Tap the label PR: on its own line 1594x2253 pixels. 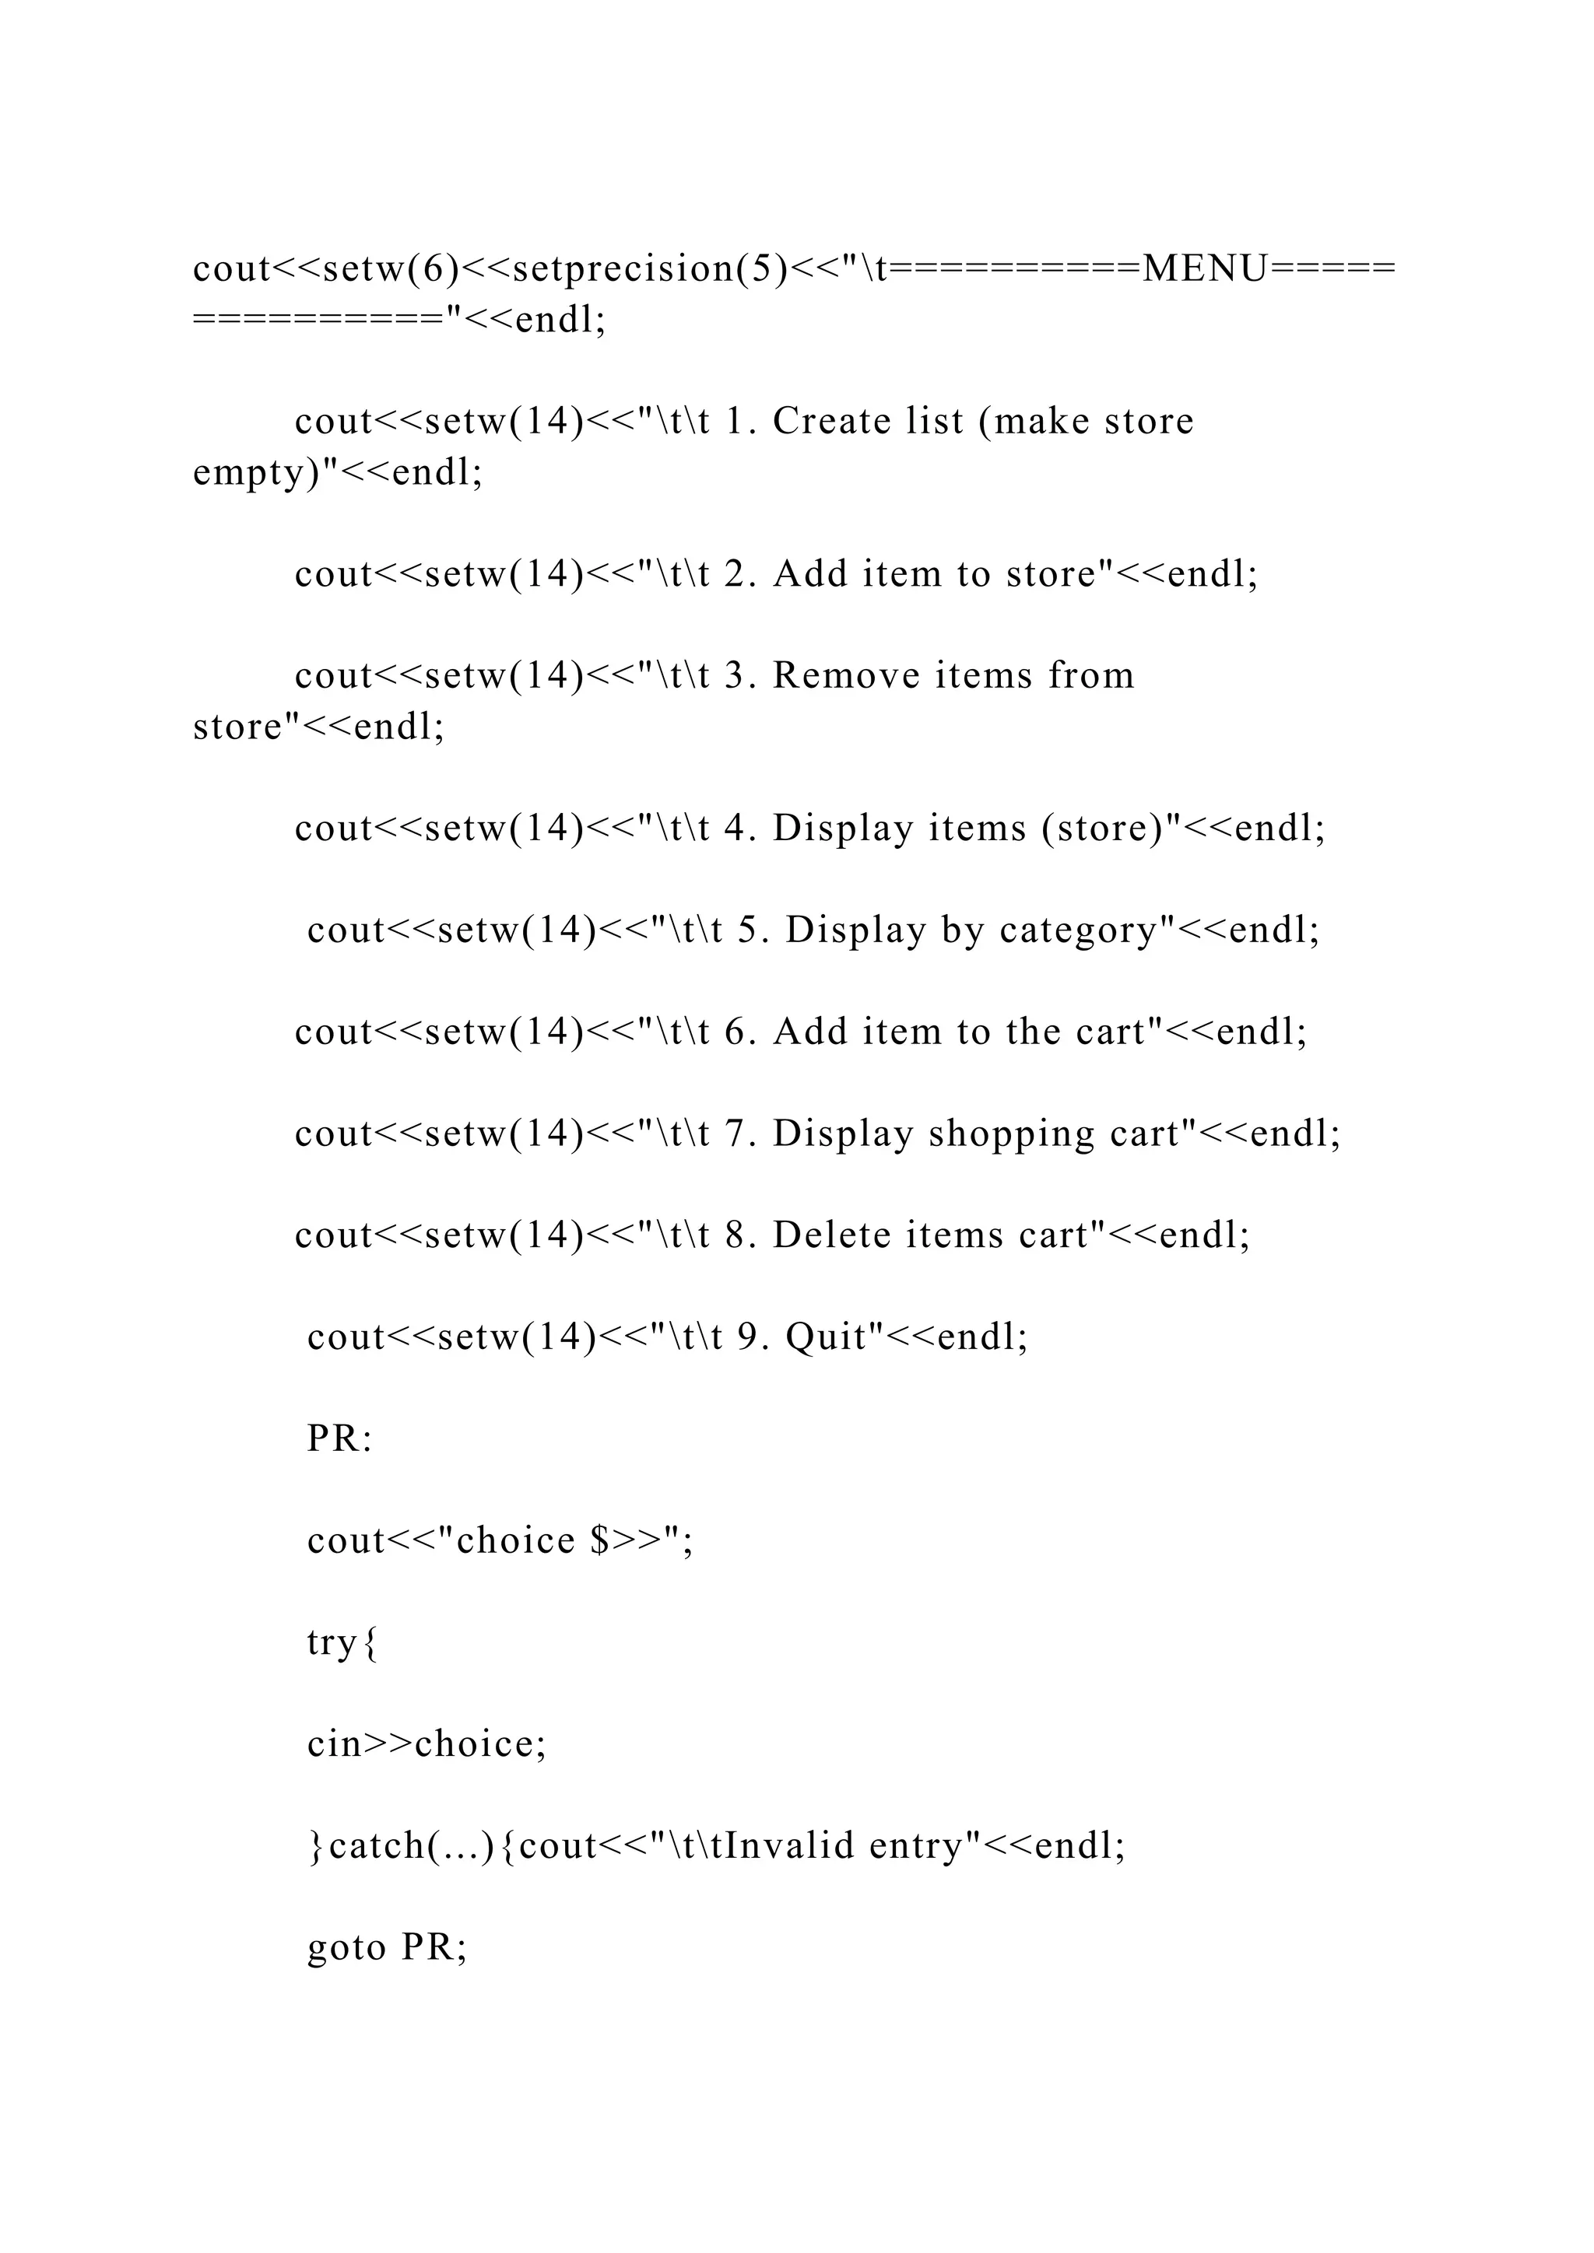pos(339,1438)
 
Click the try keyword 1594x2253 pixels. pos(332,1642)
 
